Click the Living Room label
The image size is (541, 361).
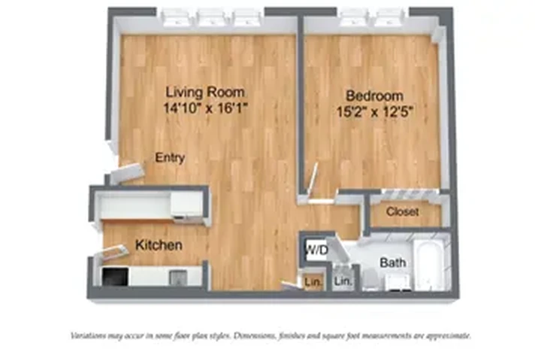(x=205, y=93)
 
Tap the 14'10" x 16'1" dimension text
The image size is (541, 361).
(x=205, y=108)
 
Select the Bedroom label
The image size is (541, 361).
(x=374, y=96)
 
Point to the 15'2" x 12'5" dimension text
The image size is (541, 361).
(x=374, y=111)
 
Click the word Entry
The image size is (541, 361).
(x=170, y=158)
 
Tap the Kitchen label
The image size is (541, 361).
(x=159, y=245)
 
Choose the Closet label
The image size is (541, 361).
(x=402, y=212)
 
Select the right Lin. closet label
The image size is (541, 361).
(x=343, y=281)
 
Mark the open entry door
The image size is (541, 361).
(x=125, y=174)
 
